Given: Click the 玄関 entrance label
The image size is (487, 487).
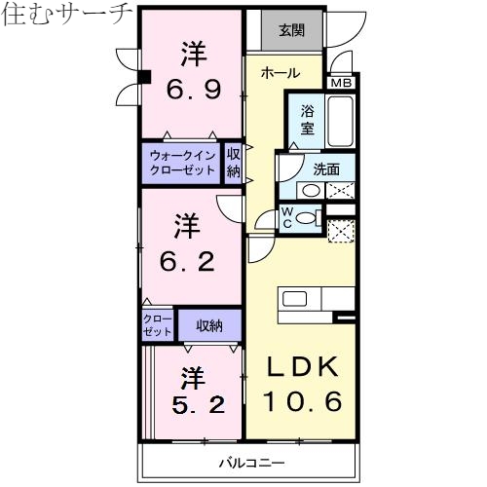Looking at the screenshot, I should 291,29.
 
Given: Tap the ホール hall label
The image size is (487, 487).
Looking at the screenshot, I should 280,73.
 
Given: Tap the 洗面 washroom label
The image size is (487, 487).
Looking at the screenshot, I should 326,168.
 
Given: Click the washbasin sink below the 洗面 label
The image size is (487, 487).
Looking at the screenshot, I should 308,191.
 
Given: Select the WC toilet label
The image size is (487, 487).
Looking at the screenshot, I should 287,218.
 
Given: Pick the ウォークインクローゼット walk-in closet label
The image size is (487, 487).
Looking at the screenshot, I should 182,162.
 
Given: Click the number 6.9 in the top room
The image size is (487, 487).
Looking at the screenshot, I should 192,90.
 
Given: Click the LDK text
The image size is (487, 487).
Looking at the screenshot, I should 301,367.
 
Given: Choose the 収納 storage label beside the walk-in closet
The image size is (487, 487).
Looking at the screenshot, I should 234,162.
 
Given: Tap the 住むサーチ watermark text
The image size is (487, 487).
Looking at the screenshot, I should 66,15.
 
